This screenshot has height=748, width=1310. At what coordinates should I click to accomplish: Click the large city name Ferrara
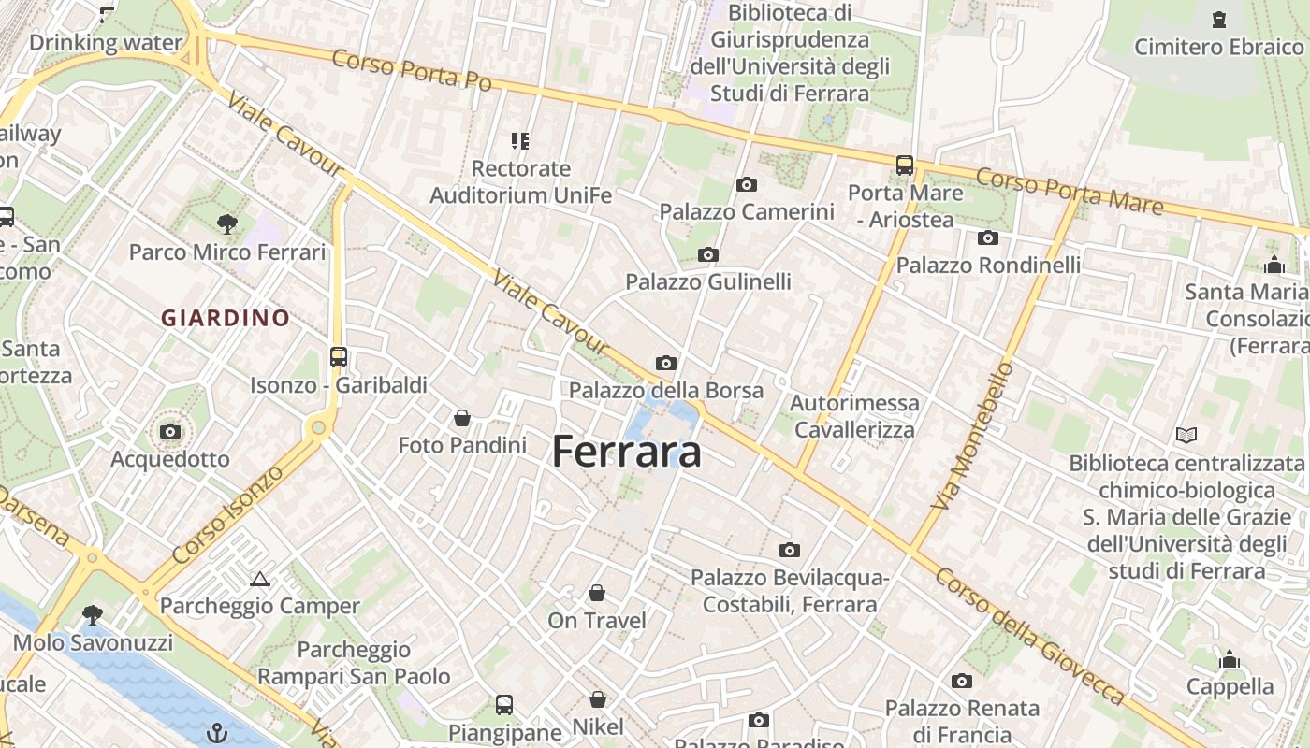[x=626, y=453]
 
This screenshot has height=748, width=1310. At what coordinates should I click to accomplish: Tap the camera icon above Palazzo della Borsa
[x=666, y=363]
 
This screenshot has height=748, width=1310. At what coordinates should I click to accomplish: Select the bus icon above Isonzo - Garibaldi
[x=339, y=356]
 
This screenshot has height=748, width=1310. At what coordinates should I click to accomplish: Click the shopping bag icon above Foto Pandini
[x=462, y=417]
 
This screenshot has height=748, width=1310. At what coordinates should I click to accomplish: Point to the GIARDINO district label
[x=226, y=318]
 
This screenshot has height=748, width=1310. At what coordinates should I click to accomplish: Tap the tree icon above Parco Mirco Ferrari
[x=226, y=223]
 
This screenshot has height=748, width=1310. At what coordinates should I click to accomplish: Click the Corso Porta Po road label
[x=411, y=70]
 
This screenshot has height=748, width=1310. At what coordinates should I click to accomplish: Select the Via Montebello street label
[x=973, y=436]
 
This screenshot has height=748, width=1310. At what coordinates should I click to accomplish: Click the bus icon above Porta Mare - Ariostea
[x=905, y=165]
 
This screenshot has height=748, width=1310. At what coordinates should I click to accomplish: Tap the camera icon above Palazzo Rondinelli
[x=988, y=237]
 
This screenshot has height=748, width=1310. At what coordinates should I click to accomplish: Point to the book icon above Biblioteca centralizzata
[x=1186, y=435]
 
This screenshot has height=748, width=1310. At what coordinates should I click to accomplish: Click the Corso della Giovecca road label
[x=1029, y=636]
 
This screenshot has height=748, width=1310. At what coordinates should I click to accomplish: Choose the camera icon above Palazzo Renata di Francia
[x=962, y=681]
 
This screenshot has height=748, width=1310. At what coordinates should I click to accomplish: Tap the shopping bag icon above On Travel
[x=597, y=593]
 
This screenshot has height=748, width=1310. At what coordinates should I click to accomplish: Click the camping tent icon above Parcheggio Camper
[x=260, y=579]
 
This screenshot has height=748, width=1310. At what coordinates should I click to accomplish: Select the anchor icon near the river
[x=217, y=732]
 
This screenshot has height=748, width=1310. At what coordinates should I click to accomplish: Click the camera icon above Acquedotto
[x=170, y=431]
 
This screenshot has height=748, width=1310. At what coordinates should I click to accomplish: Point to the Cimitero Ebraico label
[x=1218, y=46]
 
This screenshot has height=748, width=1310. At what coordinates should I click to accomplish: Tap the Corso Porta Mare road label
[x=1070, y=192]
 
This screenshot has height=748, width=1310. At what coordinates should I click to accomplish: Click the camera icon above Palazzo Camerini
[x=746, y=184]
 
